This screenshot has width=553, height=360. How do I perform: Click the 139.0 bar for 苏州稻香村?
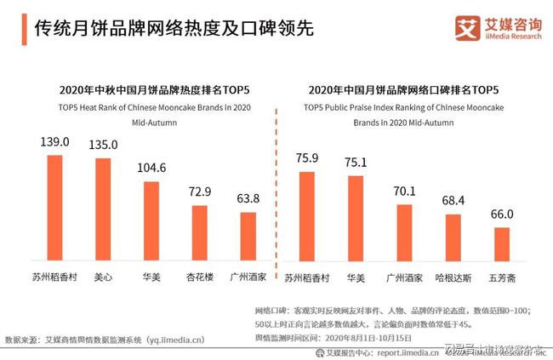54,209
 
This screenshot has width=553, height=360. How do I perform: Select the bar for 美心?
102,210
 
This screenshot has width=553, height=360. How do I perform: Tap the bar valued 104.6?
151,222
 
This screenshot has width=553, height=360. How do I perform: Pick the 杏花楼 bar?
199,235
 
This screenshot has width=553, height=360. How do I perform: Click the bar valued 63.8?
248,238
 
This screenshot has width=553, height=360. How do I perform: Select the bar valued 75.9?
306,217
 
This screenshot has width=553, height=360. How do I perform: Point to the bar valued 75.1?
356,220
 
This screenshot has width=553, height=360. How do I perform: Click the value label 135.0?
103,145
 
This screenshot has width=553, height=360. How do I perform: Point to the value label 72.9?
199,193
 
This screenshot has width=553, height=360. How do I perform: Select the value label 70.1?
404,191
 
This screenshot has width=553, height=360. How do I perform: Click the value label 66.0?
502,214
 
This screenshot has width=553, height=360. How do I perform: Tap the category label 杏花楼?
199,277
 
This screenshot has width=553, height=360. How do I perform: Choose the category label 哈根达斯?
453,277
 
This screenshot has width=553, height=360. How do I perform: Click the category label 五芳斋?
502,277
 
